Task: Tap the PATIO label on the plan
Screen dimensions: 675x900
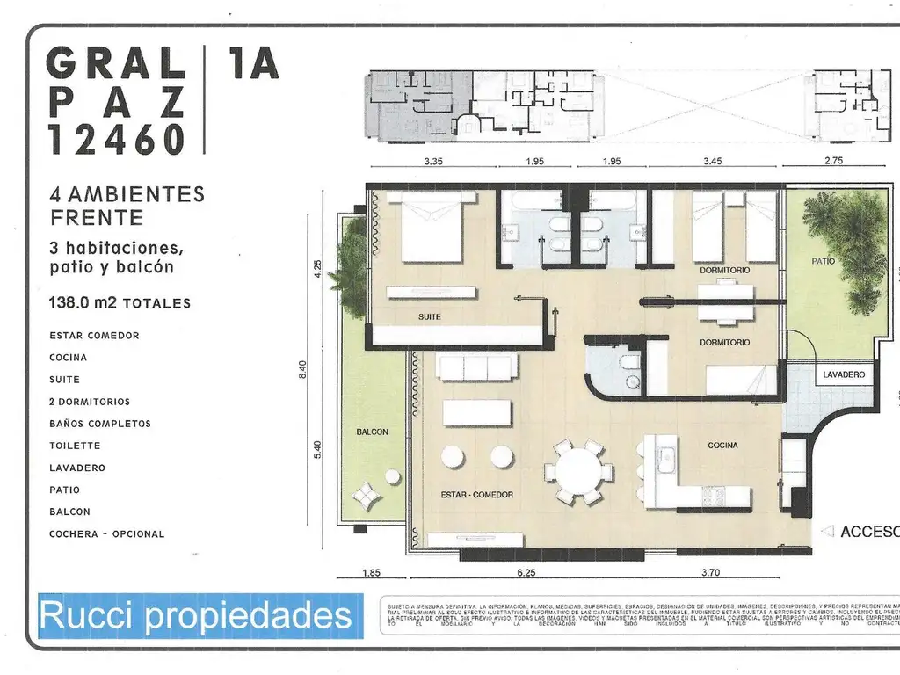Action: pos(823,262)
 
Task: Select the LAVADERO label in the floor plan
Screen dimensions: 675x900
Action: pos(844,374)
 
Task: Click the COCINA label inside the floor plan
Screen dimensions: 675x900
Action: pos(722,446)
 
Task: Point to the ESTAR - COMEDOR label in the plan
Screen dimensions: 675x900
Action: pos(476,495)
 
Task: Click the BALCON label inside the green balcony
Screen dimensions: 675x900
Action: pos(373,432)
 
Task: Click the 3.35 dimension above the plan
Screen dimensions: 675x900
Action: pos(432,161)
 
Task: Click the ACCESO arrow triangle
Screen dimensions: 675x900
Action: pos(826,531)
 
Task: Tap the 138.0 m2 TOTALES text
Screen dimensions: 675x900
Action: pos(120,303)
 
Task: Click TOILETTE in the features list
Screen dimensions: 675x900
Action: pos(75,446)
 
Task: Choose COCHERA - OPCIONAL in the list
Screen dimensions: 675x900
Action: pos(106,533)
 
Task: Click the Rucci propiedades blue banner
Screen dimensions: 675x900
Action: pos(194,616)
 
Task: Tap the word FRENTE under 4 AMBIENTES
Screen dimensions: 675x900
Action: pos(97,216)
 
